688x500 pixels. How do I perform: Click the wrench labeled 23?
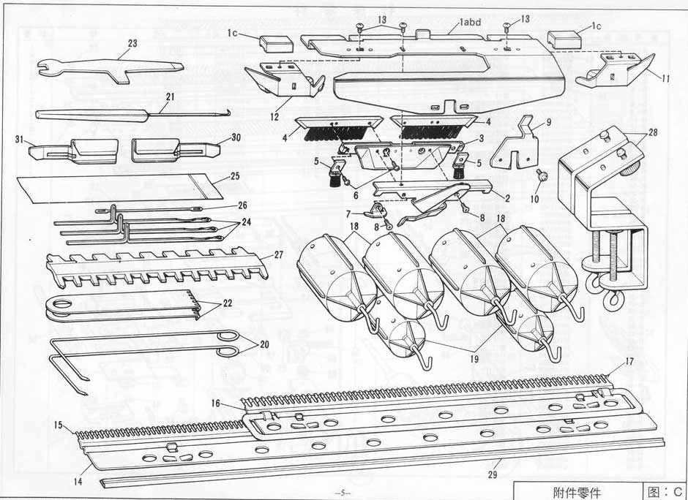[110, 69]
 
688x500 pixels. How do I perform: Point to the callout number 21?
[170, 96]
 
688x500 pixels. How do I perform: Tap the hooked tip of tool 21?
[228, 113]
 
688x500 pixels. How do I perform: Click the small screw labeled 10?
[542, 175]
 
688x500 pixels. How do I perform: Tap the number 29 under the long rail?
[493, 475]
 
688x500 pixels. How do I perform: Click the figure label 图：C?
[665, 490]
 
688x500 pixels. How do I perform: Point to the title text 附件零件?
[577, 491]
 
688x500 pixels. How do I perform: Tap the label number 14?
[78, 482]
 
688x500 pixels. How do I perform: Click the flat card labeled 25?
[119, 189]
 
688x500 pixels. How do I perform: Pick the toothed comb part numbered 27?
[157, 267]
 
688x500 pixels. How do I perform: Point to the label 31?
[19, 140]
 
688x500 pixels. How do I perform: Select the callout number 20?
[264, 344]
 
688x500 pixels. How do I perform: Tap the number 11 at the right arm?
[665, 79]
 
